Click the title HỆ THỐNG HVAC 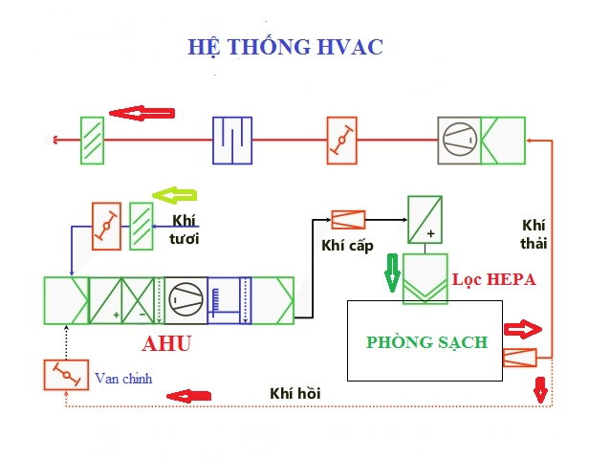(286, 47)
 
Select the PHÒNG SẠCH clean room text (426, 341)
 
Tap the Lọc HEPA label (493, 280)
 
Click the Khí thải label (534, 233)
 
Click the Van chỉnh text (123, 378)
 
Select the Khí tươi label (184, 229)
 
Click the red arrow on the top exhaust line (142, 113)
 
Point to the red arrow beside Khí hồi (186, 395)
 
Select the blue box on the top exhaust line (230, 140)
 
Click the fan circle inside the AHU (184, 299)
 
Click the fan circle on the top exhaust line (458, 140)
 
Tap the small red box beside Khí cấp (347, 220)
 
